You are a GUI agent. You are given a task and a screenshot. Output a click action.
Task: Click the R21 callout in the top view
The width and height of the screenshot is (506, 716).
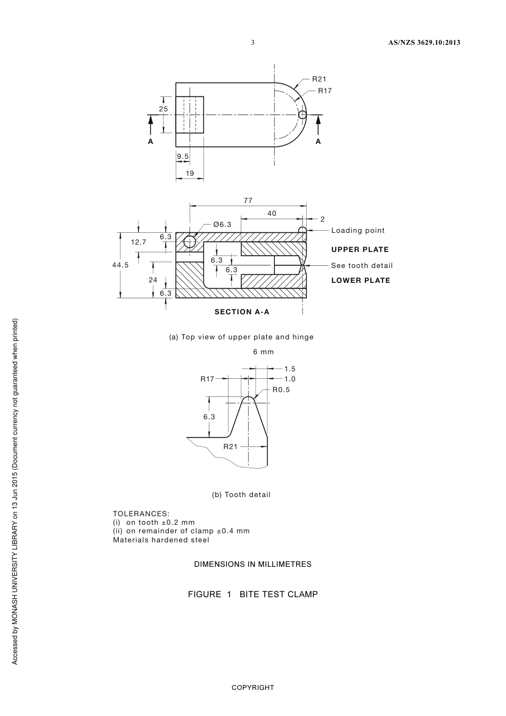pyautogui.click(x=319, y=79)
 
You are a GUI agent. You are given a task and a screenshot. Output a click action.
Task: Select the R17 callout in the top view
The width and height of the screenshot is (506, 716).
pyautogui.click(x=325, y=91)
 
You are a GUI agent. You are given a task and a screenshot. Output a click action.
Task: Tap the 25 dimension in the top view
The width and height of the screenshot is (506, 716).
pyautogui.click(x=164, y=109)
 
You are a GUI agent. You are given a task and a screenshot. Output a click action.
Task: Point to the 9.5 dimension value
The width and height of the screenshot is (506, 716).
pyautogui.click(x=183, y=156)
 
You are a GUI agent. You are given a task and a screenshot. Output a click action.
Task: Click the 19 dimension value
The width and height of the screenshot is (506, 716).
pyautogui.click(x=190, y=173)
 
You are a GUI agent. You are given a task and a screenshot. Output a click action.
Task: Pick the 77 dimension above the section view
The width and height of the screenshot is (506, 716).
pyautogui.click(x=248, y=201)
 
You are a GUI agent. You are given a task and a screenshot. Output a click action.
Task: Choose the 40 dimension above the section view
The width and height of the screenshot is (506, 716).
pyautogui.click(x=272, y=213)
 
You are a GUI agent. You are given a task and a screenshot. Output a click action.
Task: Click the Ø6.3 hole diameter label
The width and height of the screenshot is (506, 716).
pyautogui.click(x=222, y=224)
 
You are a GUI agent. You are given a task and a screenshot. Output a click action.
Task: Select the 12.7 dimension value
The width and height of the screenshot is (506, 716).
pyautogui.click(x=138, y=242)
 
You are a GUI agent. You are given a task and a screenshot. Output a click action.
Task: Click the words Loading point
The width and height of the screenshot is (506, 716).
pyautogui.click(x=358, y=230)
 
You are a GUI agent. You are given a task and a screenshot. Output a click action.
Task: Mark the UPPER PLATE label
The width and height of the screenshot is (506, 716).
pyautogui.click(x=360, y=249)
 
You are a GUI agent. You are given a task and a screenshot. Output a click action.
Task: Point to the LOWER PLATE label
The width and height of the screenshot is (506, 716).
pyautogui.click(x=361, y=280)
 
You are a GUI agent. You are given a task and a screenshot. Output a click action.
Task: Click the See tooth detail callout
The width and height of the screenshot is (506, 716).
pyautogui.click(x=362, y=265)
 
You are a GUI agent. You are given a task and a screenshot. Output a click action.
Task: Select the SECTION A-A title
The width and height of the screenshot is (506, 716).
pyautogui.click(x=242, y=312)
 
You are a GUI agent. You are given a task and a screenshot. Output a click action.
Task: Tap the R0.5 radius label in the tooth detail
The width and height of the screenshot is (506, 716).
pyautogui.click(x=281, y=389)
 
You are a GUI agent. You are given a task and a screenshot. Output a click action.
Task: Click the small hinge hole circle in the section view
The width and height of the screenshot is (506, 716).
pyautogui.click(x=190, y=242)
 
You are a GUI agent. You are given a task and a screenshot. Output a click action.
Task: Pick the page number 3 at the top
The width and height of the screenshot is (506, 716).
pyautogui.click(x=253, y=43)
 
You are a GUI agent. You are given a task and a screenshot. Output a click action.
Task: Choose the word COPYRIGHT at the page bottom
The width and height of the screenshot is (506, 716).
pyautogui.click(x=252, y=687)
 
